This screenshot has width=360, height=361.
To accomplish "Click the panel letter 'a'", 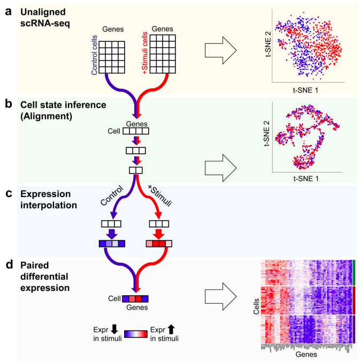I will (9, 10).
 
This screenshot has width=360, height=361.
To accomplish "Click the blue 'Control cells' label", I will (95, 54).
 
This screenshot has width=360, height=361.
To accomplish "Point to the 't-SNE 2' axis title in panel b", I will (266, 134).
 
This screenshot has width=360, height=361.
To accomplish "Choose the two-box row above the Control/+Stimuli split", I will (136, 170).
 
